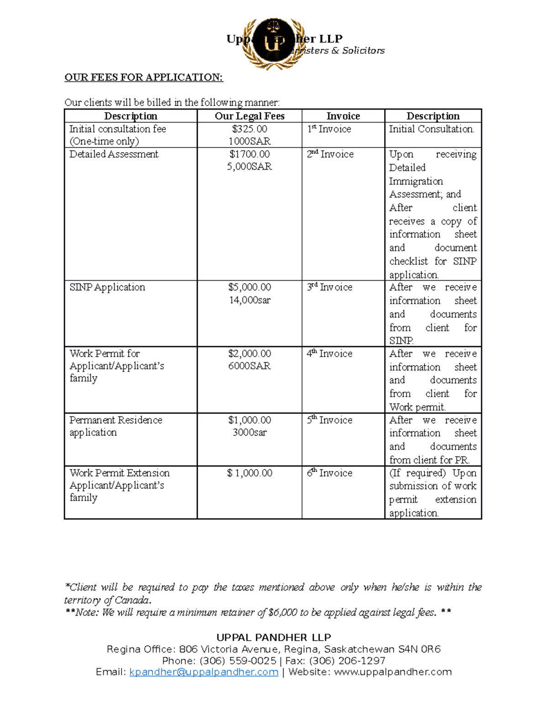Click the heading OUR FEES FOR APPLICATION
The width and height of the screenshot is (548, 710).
144,77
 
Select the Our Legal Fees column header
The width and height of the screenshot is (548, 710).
249,116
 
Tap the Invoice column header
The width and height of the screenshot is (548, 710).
343,116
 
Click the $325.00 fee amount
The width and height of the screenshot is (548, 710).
249,129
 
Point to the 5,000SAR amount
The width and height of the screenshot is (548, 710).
249,167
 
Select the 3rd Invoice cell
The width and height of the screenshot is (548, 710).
330,287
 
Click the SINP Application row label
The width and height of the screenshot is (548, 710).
107,287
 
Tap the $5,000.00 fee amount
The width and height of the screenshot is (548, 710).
249,287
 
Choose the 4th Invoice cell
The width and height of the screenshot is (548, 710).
330,353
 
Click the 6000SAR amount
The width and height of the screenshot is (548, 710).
249,366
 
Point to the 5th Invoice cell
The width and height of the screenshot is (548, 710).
330,420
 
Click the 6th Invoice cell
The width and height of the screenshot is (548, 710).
330,473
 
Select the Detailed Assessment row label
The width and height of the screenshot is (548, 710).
114,155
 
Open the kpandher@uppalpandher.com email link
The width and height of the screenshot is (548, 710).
204,672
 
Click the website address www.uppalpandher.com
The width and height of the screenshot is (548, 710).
393,672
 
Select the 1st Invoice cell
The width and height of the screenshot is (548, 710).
329,129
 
